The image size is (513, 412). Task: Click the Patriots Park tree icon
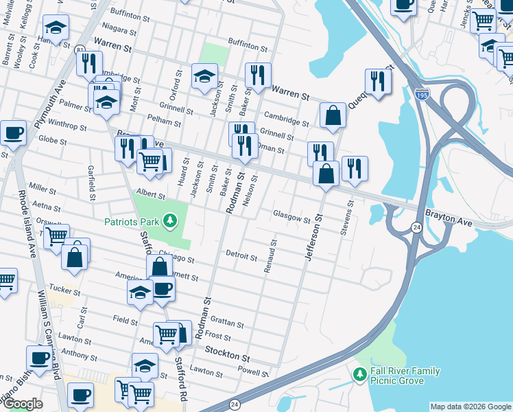pos(170,221)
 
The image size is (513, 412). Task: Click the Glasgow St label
pos(292,217)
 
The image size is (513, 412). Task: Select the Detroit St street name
pos(241,256)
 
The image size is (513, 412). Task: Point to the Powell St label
pos(253,371)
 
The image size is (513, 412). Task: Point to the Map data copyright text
pos(470,407)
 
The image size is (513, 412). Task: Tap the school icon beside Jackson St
pos(204,77)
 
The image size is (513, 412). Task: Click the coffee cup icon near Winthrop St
pos(12,133)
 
